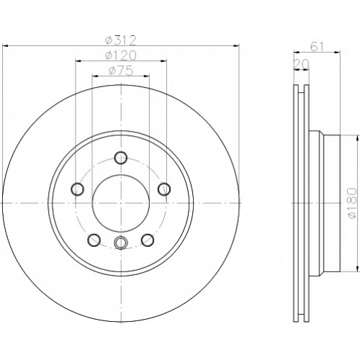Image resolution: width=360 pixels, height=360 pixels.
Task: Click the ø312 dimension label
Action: tap(121, 40)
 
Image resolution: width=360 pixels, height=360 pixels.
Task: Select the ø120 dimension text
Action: tap(121, 55)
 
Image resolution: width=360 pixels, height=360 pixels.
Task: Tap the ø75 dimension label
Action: tap(121, 71)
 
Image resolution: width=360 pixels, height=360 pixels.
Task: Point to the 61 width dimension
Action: tap(317, 47)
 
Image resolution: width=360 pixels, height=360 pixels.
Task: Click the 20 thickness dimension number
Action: tap(302, 64)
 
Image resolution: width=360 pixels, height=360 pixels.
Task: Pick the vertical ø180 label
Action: tap(352, 203)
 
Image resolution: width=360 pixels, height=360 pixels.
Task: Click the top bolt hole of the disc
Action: tap(121, 158)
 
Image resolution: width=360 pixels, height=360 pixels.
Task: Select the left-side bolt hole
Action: tap(77, 189)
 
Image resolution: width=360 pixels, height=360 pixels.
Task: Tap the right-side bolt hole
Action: tap(164, 189)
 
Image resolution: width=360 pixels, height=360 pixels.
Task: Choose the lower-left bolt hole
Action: tap(94, 240)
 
